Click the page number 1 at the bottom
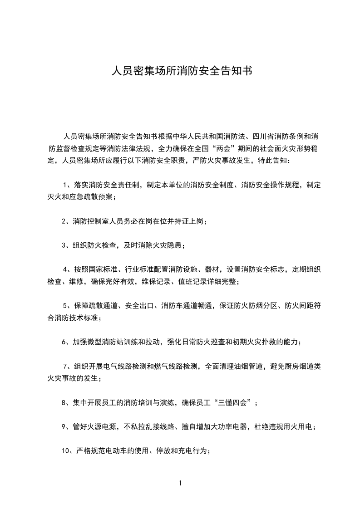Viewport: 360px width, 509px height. (x=180, y=483)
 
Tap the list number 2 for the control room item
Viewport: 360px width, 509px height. (x=64, y=221)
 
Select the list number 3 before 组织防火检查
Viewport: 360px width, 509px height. (x=64, y=245)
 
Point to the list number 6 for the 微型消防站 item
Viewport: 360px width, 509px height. (x=64, y=342)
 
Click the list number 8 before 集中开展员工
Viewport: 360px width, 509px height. (x=64, y=402)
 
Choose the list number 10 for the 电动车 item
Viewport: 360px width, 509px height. (x=65, y=450)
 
